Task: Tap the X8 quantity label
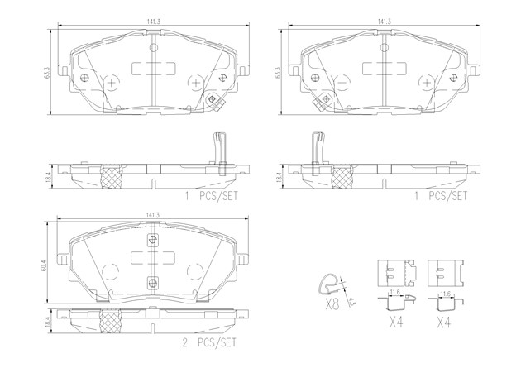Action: tap(332, 303)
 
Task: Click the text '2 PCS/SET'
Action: tap(209, 342)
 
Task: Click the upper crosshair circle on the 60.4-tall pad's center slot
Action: tap(152, 240)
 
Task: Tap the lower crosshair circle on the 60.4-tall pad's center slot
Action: tap(152, 283)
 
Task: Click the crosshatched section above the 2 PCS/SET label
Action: tap(111, 320)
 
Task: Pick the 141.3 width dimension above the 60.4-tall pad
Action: tap(153, 214)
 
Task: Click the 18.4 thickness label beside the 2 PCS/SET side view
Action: tap(47, 323)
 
